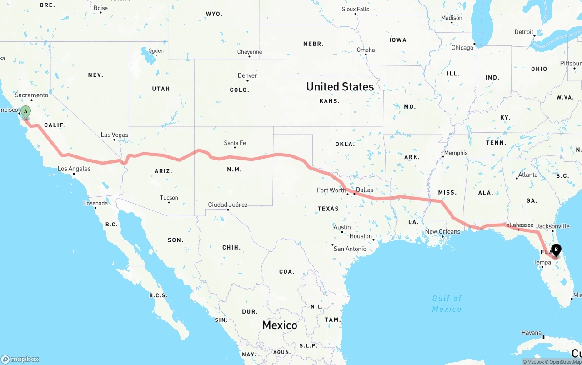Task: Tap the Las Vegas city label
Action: [114, 135]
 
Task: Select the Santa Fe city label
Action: [235, 143]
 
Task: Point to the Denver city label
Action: [247, 75]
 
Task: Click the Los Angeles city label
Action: [74, 169]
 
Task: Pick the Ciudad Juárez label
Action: [227, 205]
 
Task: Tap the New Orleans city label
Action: [442, 231]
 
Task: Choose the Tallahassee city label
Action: [518, 225]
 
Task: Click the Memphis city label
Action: [456, 153]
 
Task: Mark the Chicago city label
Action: [462, 48]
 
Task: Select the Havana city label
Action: [531, 333]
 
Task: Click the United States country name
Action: [340, 86]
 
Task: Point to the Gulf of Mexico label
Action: [447, 303]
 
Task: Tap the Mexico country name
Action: [280, 325]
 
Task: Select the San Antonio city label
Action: [350, 249]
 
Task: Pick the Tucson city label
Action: [169, 198]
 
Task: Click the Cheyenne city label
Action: [249, 52]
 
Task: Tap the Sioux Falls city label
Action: [355, 9]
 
